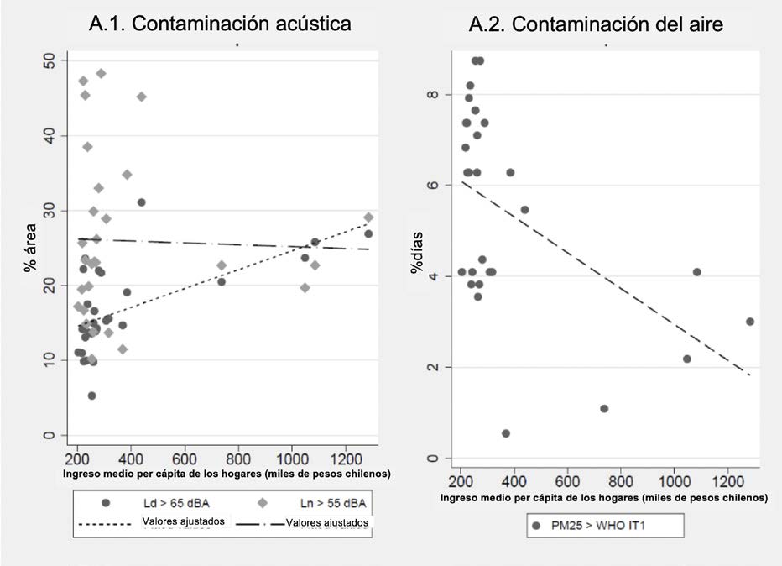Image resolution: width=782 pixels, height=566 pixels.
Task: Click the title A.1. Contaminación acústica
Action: pyautogui.click(x=220, y=24)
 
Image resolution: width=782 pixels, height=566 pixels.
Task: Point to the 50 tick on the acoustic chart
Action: pyautogui.click(x=50, y=60)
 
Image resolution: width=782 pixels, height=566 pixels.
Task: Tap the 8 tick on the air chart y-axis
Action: pyautogui.click(x=432, y=95)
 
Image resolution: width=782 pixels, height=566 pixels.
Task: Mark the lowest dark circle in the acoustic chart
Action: pyautogui.click(x=91, y=396)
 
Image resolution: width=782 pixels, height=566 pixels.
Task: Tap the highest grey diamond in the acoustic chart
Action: pyautogui.click(x=101, y=73)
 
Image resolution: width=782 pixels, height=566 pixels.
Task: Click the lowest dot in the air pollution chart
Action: pyautogui.click(x=506, y=433)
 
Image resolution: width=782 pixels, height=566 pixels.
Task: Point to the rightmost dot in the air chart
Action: pyautogui.click(x=749, y=322)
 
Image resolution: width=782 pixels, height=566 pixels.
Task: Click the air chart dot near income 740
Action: pyautogui.click(x=604, y=409)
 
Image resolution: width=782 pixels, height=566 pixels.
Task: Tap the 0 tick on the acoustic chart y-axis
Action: pyautogui.click(x=50, y=435)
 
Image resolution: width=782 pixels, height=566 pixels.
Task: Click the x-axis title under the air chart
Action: pyautogui.click(x=602, y=497)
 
